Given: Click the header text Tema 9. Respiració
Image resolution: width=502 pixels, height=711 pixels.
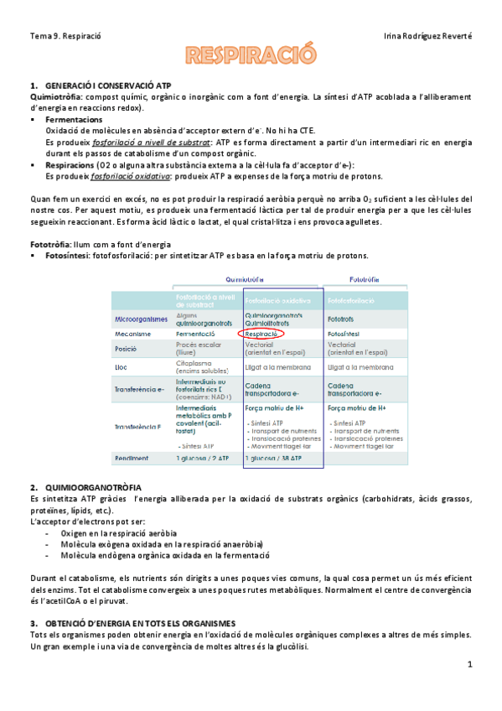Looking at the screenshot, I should click(65, 37).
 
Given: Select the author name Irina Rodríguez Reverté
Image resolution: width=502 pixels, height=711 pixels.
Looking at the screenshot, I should click(427, 37).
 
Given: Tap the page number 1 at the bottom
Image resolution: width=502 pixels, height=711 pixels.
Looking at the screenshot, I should click(470, 664).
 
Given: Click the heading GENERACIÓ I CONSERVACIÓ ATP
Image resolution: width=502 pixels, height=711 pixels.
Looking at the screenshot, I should click(109, 86).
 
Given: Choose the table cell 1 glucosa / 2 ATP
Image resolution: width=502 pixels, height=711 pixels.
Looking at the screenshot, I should click(203, 459).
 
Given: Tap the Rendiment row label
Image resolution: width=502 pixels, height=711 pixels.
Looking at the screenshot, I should click(132, 459).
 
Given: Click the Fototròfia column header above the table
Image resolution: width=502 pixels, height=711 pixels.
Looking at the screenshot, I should click(366, 279).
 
